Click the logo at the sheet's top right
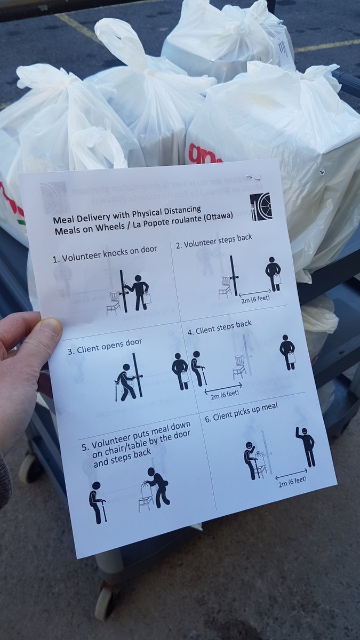[261, 206]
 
